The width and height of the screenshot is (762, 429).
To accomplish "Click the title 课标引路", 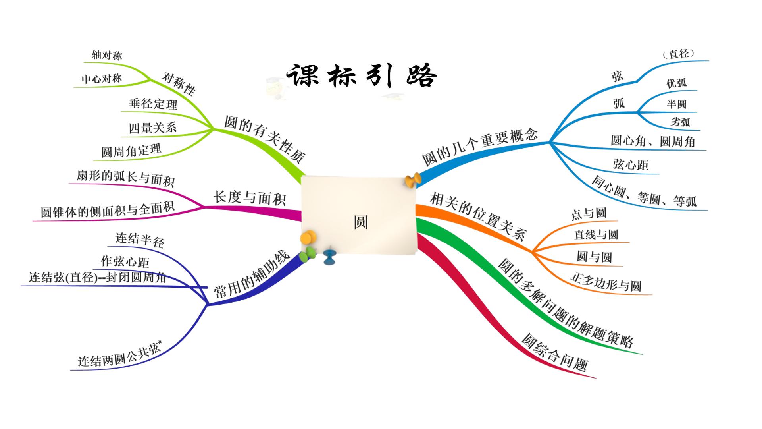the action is (361, 75).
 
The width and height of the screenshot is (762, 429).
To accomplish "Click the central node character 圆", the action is (361, 222).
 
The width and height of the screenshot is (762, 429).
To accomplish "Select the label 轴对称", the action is (107, 55).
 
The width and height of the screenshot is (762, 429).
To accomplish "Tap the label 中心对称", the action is (102, 79).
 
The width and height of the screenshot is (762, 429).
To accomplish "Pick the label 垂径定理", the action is (153, 104).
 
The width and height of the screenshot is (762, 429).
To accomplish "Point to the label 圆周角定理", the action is (131, 151).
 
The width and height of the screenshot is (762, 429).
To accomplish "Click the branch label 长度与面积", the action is (250, 197).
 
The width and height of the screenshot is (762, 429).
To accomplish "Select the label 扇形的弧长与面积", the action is (125, 178).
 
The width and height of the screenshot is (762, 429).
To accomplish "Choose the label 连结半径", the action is (140, 240).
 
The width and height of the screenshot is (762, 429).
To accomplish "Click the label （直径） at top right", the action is (679, 54).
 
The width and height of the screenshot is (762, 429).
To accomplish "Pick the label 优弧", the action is (676, 83).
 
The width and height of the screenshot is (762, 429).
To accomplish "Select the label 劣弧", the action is (680, 122).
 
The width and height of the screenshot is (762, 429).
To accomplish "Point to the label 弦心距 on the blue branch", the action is (631, 164).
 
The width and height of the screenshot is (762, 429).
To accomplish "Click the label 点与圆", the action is (589, 213).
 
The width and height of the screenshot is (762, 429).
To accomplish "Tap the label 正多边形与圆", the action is (606, 281).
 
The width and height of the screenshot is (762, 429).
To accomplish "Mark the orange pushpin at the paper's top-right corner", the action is (413, 180).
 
